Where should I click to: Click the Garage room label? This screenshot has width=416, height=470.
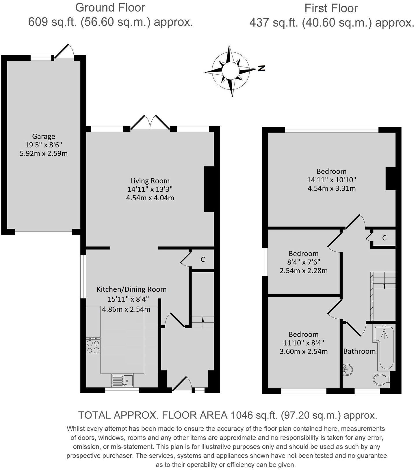tap(44, 136)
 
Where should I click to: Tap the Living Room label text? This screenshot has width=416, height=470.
tap(150, 181)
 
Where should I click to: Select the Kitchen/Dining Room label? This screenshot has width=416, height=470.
tap(131, 289)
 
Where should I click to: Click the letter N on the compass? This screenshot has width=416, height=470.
tap(261, 69)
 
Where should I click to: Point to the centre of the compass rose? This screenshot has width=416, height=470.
tap(230, 71)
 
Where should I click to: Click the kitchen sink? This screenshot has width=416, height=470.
tap(122, 380)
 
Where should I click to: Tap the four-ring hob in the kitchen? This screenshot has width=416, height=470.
tap(93, 346)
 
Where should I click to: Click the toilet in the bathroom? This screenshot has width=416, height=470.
tap(381, 379)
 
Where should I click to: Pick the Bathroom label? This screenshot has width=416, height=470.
tap(359, 351)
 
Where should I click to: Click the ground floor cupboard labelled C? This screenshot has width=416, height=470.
tap(203, 260)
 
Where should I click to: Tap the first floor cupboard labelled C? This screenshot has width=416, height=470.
tap(384, 238)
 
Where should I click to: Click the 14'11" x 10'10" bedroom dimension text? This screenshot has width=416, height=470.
tap(331, 180)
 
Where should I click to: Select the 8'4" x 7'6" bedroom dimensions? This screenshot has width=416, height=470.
tap(304, 262)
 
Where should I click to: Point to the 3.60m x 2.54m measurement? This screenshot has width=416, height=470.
tap(304, 352)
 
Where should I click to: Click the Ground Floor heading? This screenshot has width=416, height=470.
tap(110, 8)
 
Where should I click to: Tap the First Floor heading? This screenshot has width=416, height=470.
tap(331, 8)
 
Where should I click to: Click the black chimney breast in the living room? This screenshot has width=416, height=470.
tap(209, 189)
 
